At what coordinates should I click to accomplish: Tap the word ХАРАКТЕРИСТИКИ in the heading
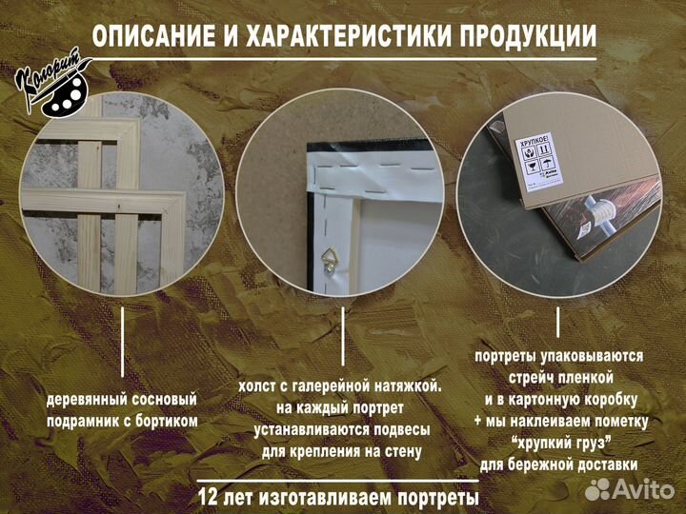[x=343, y=36]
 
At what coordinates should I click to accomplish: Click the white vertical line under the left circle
[x=123, y=341]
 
